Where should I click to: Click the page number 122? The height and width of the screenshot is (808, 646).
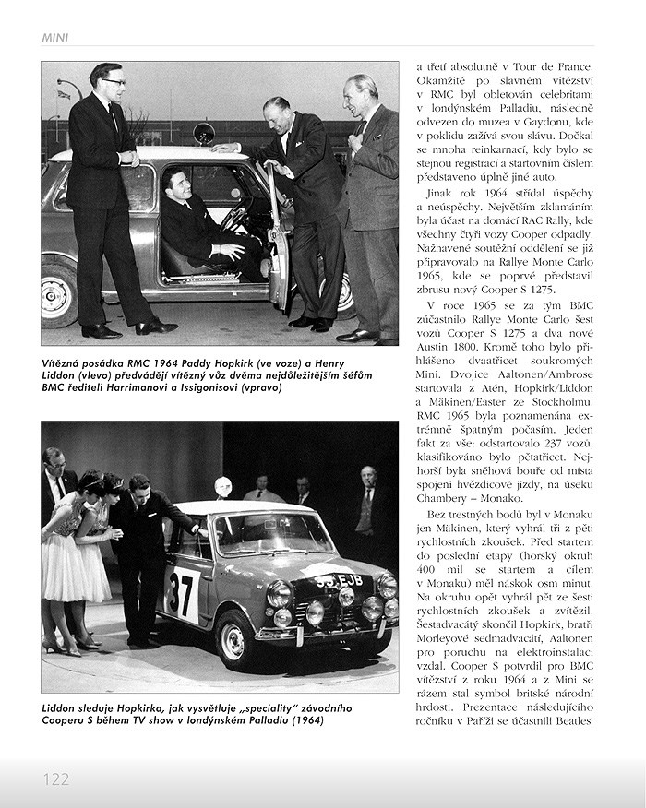(56, 779)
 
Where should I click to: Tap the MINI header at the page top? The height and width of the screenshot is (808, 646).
(55, 38)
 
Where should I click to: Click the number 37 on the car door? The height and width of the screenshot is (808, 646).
(183, 593)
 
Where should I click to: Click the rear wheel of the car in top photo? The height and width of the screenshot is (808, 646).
(59, 293)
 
